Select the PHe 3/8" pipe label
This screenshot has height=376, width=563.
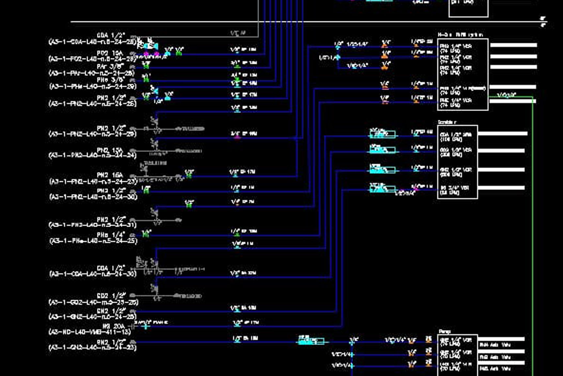(111, 80)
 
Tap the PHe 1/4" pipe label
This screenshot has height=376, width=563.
(111, 235)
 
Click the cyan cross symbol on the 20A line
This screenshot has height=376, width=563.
(146, 326)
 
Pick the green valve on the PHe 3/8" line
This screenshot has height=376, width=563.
(146, 78)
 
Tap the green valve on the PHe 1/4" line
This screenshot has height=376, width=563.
(146, 234)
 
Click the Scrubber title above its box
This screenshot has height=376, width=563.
(447, 122)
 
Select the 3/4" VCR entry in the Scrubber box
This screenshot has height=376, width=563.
(454, 190)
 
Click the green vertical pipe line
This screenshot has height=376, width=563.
(533, 229)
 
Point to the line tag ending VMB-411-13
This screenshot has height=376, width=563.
(89, 332)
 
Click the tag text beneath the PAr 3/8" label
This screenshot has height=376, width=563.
(92, 73)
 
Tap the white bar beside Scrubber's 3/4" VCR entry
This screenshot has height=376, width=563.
(501, 188)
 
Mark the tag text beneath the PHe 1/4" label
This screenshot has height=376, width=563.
(93, 241)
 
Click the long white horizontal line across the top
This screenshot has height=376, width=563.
(307, 22)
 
